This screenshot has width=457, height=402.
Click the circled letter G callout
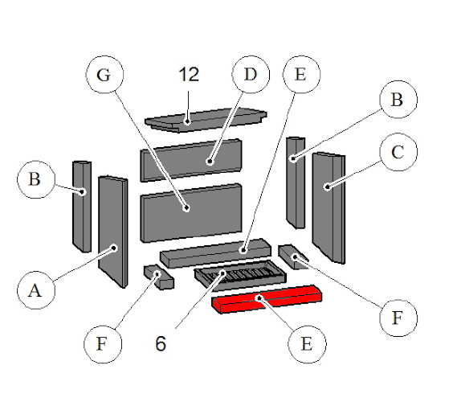[x=104, y=75]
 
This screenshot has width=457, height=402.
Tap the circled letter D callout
[x=251, y=75]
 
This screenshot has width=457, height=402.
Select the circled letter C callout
[x=398, y=152]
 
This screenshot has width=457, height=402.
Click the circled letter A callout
[x=36, y=290]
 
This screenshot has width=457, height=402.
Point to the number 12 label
[x=189, y=75]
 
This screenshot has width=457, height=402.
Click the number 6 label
[x=161, y=343]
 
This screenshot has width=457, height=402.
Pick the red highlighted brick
[x=267, y=299]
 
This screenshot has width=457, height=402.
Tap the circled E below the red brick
[x=307, y=344]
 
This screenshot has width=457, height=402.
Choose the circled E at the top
[x=302, y=75]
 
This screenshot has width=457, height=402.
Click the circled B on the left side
[x=36, y=179]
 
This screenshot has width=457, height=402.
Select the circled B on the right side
[x=398, y=100]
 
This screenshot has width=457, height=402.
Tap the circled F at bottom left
[x=103, y=344]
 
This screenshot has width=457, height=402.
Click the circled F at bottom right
[x=398, y=318]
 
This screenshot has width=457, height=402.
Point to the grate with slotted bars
[x=240, y=275]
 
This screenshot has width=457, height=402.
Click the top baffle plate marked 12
[x=206, y=120]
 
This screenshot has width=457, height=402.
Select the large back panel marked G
[x=191, y=213]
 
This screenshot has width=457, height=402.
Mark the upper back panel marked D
[x=191, y=160]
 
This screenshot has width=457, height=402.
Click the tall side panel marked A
[x=113, y=232]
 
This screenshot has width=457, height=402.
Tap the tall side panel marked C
[x=328, y=208]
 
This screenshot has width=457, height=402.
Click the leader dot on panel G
[x=186, y=208]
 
